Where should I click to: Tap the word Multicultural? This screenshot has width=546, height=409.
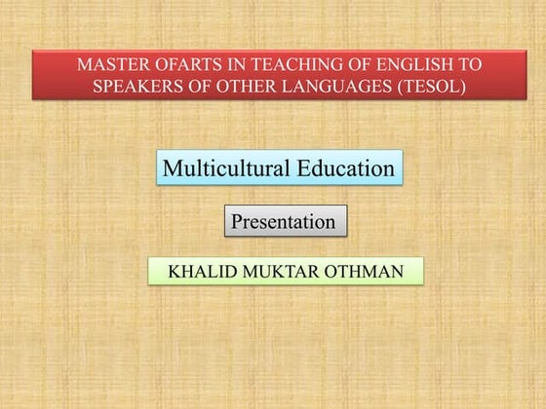tap(225, 168)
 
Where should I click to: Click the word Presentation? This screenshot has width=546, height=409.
tap(284, 222)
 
